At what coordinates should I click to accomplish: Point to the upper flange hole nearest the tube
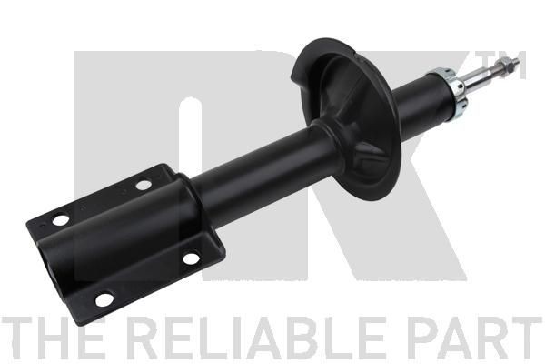(x=144, y=186)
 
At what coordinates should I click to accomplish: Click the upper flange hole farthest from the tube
(x=60, y=220)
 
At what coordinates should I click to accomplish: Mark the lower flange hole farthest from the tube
(x=104, y=297)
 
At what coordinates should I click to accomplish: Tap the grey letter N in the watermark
(x=136, y=136)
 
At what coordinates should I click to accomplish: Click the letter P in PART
(x=421, y=339)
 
